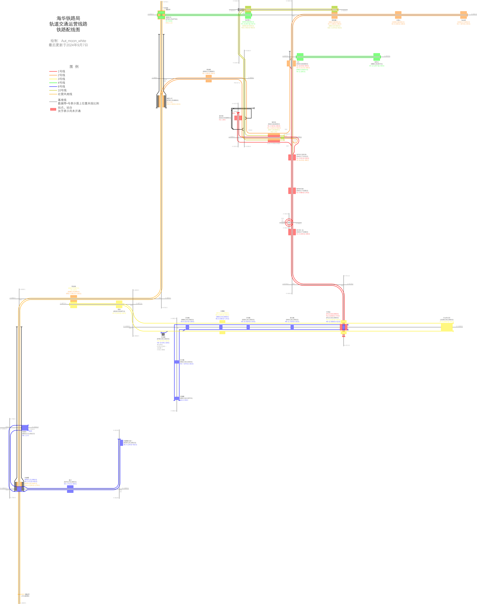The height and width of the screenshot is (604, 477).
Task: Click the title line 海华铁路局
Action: tap(68, 18)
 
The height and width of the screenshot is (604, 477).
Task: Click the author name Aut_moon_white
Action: tap(73, 41)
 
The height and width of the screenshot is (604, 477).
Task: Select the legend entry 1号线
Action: tap(61, 71)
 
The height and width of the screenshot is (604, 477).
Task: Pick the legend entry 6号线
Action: tap(61, 86)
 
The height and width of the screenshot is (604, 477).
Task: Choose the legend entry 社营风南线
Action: tap(65, 94)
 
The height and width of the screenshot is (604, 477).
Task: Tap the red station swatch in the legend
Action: tap(53, 109)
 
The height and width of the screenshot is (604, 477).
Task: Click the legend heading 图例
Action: tap(74, 67)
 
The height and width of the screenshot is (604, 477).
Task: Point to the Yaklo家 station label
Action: tap(463, 20)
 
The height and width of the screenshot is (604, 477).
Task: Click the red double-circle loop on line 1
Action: tap(289, 223)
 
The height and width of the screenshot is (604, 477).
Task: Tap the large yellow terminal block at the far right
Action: tap(447, 327)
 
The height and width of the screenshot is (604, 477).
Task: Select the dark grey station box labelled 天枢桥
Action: tap(163, 334)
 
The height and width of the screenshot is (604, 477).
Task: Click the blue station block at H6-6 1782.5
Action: tap(177, 398)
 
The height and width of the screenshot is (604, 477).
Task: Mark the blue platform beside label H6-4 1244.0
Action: tap(121, 443)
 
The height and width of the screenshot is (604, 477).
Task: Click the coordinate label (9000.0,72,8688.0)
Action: tap(209, 72)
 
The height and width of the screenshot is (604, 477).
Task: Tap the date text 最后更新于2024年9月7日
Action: tap(68, 45)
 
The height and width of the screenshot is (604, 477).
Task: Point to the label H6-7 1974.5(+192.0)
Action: tap(187, 364)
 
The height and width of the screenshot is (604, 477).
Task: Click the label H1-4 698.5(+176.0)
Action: tap(303, 193)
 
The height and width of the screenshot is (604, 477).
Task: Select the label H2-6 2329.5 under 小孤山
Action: tap(398, 24)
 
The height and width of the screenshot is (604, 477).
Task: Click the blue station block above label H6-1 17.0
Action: tap(25, 428)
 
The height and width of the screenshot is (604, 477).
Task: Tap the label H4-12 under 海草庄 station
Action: tap(377, 66)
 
